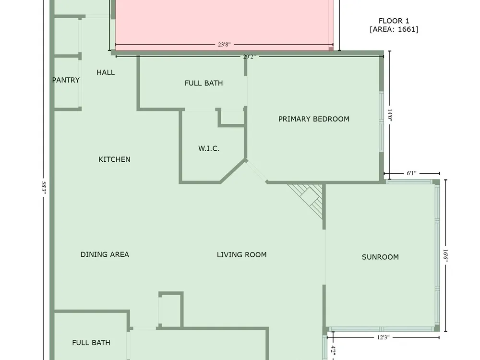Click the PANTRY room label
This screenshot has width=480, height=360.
(x=66, y=80)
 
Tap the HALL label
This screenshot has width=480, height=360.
(x=106, y=72)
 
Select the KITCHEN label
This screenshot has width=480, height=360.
(x=114, y=159)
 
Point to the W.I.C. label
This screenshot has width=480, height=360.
(x=209, y=148)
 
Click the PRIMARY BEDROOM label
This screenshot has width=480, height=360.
(x=314, y=119)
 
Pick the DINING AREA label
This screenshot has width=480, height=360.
(x=105, y=254)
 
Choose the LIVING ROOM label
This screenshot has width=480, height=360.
(x=241, y=255)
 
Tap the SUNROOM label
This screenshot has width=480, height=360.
(x=380, y=257)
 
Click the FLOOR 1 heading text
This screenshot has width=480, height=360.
(x=394, y=21)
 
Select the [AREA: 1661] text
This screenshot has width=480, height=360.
(x=394, y=29)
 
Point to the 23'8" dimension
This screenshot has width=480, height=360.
(x=224, y=45)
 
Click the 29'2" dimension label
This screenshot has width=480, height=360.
(x=249, y=57)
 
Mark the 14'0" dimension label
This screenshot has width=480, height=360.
(x=390, y=115)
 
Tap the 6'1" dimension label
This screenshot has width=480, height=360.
(x=411, y=173)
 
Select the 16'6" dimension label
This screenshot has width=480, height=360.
(x=446, y=256)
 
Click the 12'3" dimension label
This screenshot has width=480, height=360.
(x=383, y=337)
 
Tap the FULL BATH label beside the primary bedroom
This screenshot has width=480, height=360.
(x=204, y=83)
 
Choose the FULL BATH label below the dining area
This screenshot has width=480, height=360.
(x=91, y=343)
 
